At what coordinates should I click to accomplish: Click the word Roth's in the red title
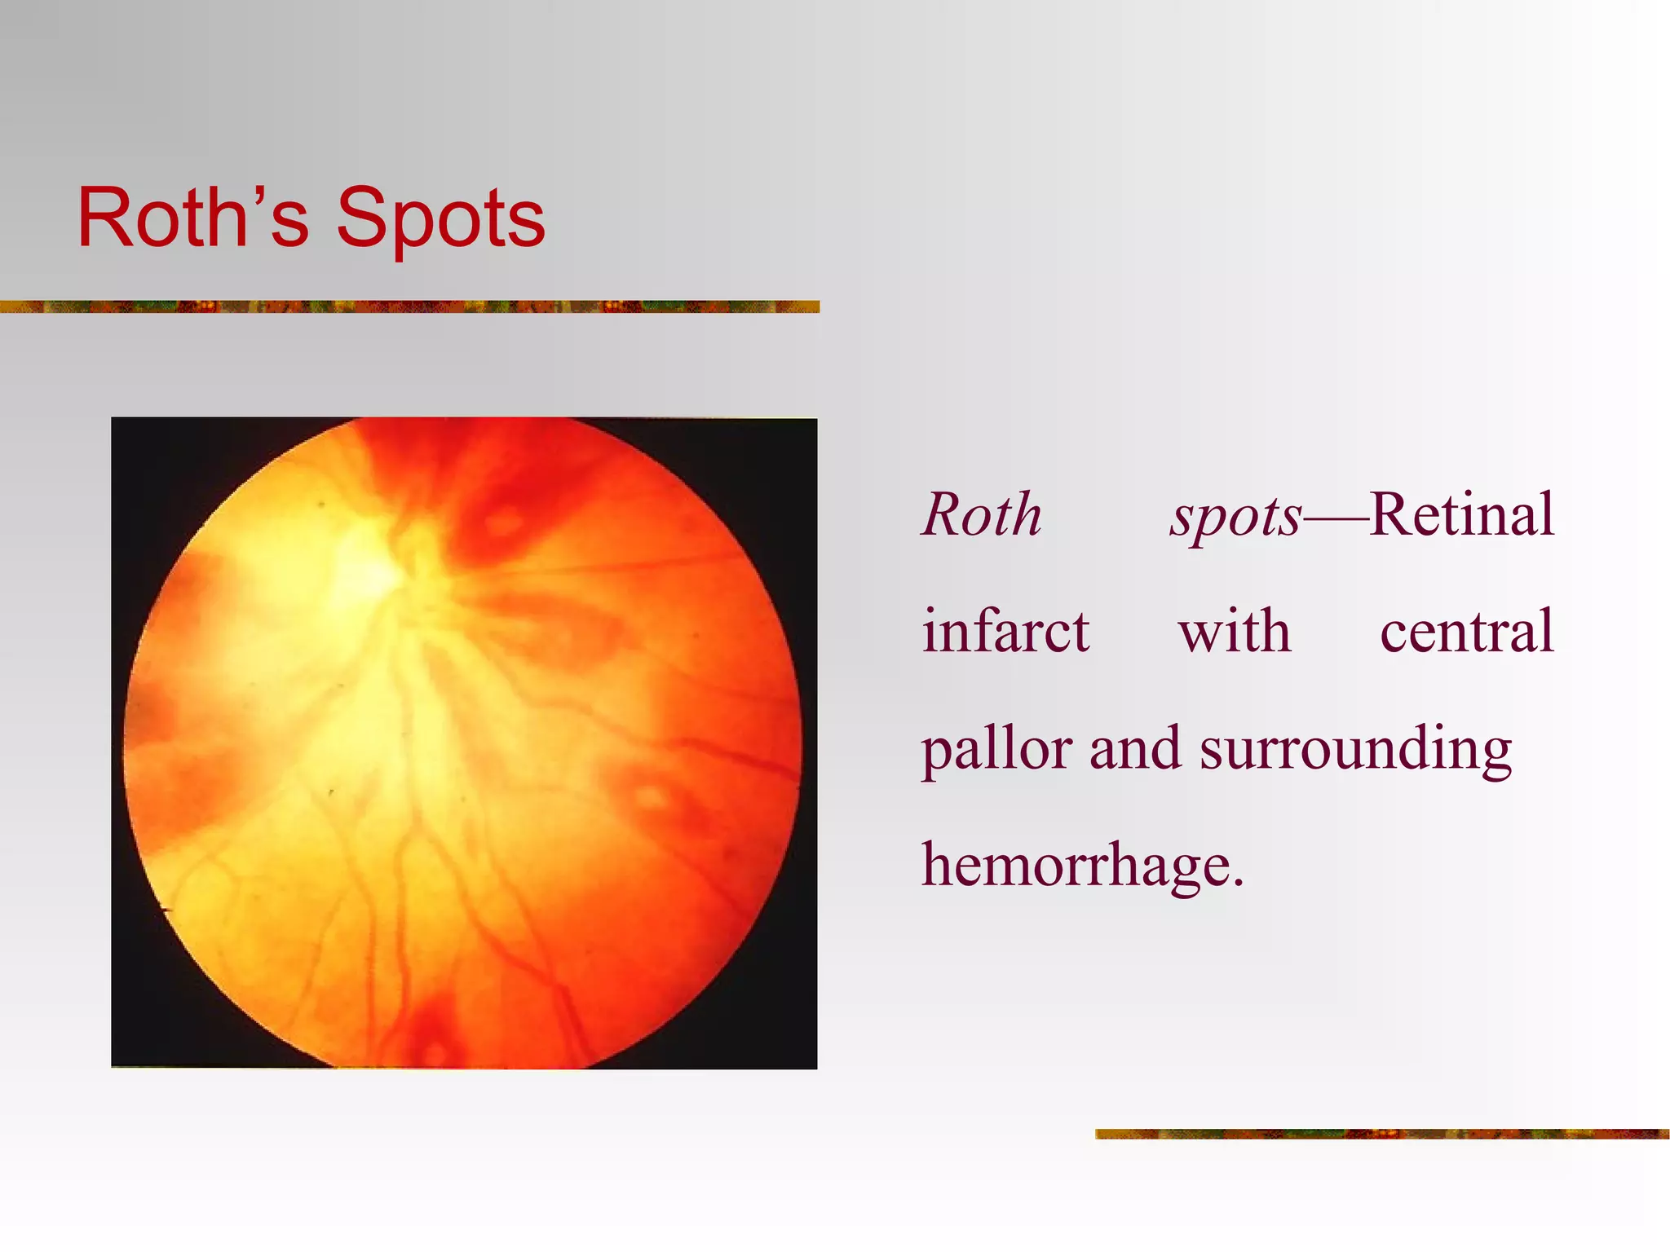click(193, 218)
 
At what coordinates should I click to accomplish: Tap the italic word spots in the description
click(1235, 518)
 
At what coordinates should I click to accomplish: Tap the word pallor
click(996, 750)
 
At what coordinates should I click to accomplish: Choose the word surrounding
click(1355, 750)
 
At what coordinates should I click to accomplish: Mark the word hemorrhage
click(1076, 866)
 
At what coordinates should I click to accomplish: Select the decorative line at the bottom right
click(1381, 1134)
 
